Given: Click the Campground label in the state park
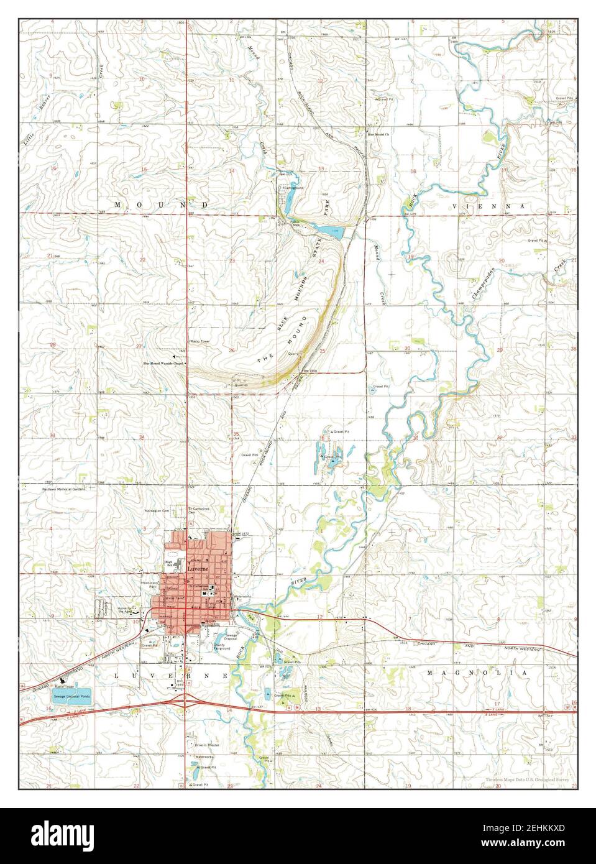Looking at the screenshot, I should (293, 187).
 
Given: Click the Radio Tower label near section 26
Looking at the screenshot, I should (200, 342).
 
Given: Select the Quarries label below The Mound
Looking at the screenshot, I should (241, 385).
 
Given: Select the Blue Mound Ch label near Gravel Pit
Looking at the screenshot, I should (378, 134).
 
